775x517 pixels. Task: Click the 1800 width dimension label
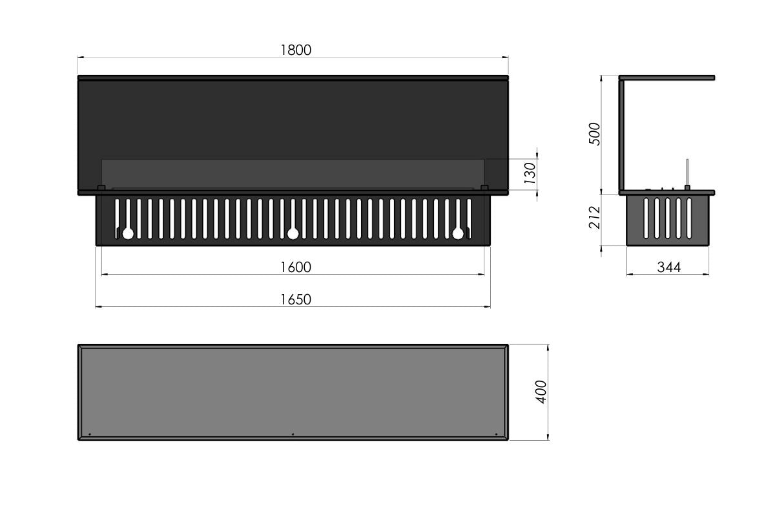pos(296,50)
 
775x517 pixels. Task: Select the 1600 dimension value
pos(296,267)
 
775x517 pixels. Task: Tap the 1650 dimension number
pos(296,299)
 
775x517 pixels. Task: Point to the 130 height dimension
pos(530,173)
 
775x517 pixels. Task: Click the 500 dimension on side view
pos(594,134)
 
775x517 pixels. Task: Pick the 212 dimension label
pos(594,218)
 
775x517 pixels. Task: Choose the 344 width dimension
pos(669,267)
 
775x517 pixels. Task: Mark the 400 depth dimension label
pos(541,392)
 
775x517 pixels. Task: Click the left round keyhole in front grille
pos(128,234)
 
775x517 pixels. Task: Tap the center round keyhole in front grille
pos(293,234)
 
